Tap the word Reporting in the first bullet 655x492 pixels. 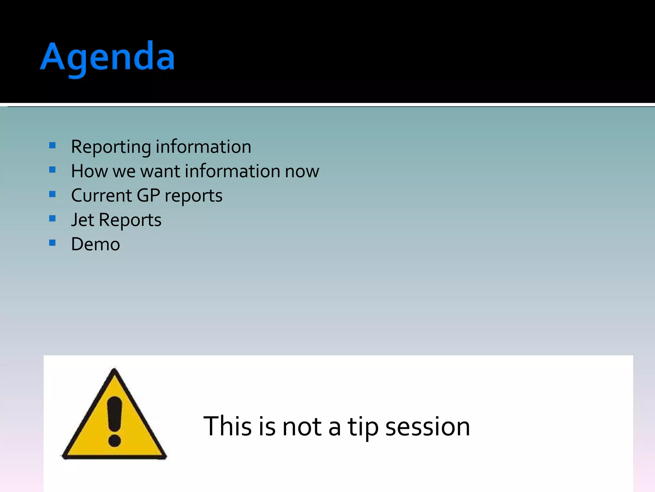(x=111, y=147)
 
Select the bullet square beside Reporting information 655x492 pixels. (x=52, y=146)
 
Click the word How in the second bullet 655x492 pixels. (x=89, y=171)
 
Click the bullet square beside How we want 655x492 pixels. (x=52, y=170)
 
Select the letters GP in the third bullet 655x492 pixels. (x=148, y=195)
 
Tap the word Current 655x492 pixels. (x=101, y=195)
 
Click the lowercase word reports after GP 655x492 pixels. (x=193, y=196)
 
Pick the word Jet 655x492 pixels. (x=83, y=220)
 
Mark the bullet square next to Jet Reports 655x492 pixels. (x=52, y=218)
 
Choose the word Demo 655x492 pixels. (x=95, y=244)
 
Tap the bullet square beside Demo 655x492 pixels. (x=52, y=243)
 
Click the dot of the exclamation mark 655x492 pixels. (x=114, y=440)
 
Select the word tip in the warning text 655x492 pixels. (x=363, y=427)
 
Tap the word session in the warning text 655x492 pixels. (x=428, y=427)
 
